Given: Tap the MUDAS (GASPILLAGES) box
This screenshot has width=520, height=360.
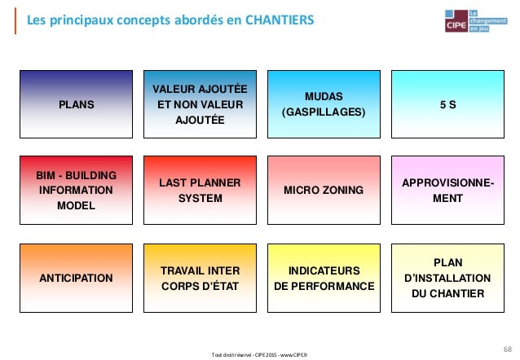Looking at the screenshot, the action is tap(324, 104).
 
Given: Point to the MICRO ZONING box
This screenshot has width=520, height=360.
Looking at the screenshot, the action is tap(324, 191).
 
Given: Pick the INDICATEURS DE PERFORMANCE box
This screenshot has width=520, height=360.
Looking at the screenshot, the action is tap(324, 278).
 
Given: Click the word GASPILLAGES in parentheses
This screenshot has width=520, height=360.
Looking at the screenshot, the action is tap(324, 112).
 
